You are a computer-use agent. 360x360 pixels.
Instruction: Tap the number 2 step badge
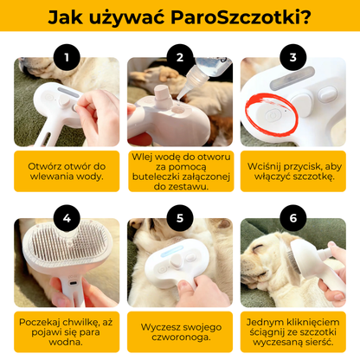coord(180,58)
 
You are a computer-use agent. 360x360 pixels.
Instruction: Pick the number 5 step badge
coord(180,218)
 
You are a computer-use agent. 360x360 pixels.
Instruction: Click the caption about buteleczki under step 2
coord(180,170)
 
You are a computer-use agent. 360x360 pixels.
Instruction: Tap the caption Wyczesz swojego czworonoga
coord(180,329)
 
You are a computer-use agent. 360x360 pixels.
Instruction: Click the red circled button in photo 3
coord(272,113)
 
